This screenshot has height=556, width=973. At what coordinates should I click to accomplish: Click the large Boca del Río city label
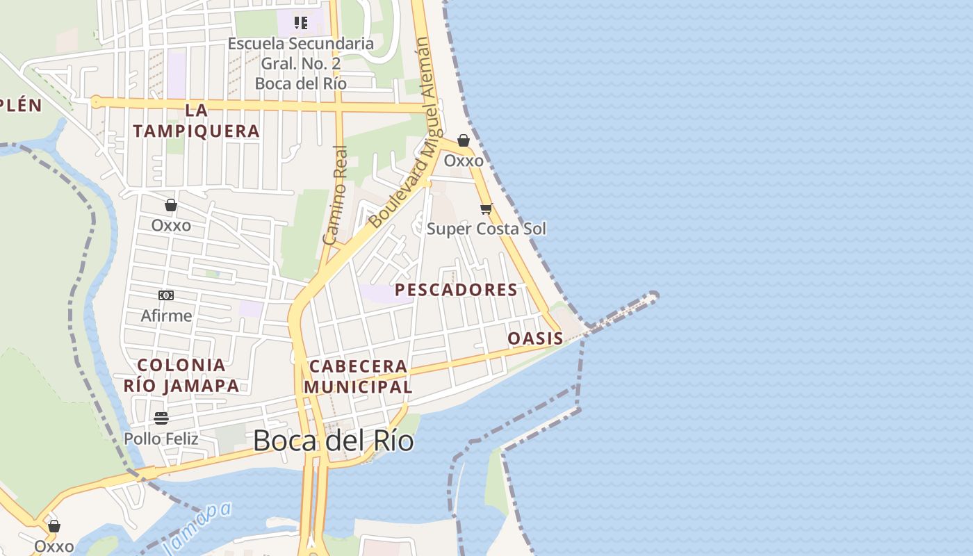tap(334, 441)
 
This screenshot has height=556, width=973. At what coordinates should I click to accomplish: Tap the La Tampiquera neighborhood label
tap(197, 120)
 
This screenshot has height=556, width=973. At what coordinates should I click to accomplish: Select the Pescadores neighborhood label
tap(456, 290)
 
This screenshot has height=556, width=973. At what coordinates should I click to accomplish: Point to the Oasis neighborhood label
tap(535, 338)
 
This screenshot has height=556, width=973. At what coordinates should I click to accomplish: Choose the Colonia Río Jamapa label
tap(181, 375)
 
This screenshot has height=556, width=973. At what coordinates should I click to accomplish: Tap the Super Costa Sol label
tap(486, 229)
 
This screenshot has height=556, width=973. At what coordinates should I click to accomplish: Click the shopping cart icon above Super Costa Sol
tap(486, 208)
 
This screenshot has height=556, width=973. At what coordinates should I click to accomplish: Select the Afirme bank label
tap(166, 316)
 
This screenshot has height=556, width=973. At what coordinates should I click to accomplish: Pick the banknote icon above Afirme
tap(166, 295)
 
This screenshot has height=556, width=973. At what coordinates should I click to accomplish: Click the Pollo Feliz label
tap(161, 439)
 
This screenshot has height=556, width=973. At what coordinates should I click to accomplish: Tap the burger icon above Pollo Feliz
tap(161, 418)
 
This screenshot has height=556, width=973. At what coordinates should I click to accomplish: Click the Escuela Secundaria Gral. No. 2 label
tap(301, 63)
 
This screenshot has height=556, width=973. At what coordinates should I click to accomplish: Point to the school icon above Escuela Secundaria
tap(301, 23)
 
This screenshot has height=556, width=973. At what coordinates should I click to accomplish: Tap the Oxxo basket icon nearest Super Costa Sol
tap(464, 141)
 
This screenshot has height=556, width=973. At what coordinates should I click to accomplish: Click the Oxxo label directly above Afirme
tap(171, 225)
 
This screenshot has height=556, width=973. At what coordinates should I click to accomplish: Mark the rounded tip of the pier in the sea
tap(653, 297)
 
